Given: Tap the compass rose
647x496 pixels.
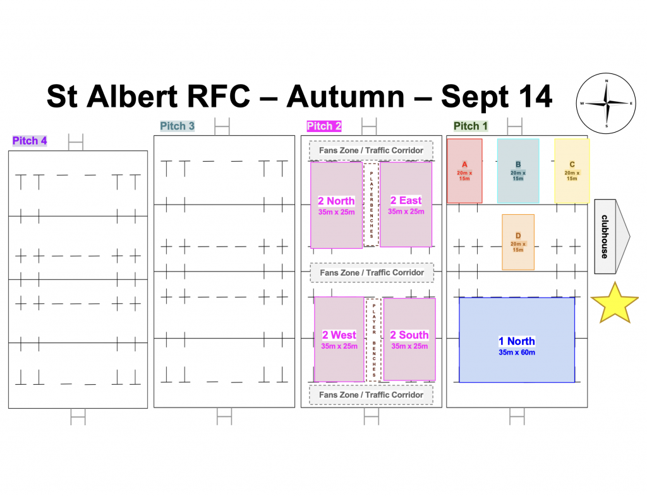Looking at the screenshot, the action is (606, 103).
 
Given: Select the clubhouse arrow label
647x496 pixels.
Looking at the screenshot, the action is (612, 236).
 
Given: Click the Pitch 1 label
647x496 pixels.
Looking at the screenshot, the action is (470, 126).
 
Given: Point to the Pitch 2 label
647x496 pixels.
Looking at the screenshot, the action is (324, 126).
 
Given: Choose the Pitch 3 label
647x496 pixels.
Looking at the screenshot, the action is (177, 126).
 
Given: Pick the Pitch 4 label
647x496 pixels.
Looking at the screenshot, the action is (30, 141).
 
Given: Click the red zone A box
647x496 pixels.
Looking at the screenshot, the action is (464, 171).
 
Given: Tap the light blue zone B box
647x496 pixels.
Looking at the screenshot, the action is (518, 171).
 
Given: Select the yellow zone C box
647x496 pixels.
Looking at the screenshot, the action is (572, 171).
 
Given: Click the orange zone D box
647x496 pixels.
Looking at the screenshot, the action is (518, 242).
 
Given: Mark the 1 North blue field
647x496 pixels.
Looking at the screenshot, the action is (517, 340).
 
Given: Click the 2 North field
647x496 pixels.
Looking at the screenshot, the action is (336, 205).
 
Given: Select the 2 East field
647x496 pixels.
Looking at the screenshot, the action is (406, 205).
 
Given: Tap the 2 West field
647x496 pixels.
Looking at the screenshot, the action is (339, 339).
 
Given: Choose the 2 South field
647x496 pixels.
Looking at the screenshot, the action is (409, 339).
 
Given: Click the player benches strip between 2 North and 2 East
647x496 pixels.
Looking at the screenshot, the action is (372, 205).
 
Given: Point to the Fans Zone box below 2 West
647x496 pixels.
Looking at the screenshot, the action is (372, 395).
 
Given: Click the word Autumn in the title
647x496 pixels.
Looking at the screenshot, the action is (346, 97).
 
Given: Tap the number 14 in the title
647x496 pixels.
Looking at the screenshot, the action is (535, 97).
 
